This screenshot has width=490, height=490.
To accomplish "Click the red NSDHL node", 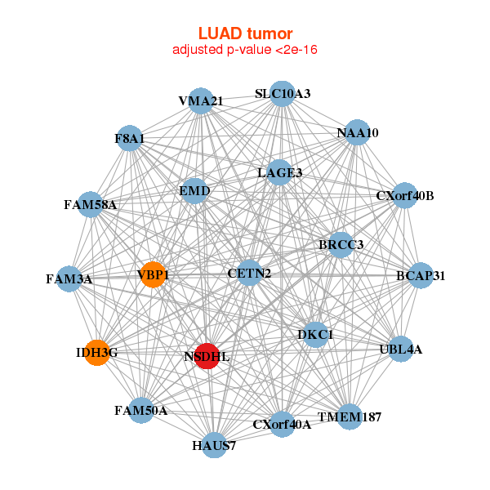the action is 207,356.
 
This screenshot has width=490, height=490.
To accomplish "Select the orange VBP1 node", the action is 153,274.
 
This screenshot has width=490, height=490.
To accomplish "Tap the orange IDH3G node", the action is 97,353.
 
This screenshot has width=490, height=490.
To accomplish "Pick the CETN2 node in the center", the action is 250,272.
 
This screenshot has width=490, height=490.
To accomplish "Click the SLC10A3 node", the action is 283,94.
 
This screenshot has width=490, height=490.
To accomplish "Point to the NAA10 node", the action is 358,132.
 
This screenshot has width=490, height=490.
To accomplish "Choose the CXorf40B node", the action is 405,196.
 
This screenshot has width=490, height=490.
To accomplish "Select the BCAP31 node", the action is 420,275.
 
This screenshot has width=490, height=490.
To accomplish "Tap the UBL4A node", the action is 401,349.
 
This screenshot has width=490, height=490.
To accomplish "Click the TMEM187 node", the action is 350,417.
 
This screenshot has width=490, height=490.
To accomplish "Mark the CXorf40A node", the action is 283,424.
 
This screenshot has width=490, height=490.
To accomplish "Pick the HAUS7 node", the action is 214,445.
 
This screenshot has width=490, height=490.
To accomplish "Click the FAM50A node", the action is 141,410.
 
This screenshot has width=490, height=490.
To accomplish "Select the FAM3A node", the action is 69,278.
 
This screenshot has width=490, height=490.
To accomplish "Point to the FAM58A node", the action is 91,204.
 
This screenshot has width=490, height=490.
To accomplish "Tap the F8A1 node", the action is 130,139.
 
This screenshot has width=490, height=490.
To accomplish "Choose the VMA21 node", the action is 201,100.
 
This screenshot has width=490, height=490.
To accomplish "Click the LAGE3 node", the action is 279,172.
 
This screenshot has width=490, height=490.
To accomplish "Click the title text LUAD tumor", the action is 245,33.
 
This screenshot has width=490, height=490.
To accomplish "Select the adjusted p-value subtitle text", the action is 245,50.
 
